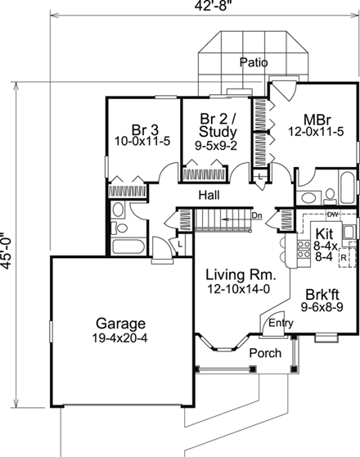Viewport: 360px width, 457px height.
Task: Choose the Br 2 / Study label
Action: pos(217,124)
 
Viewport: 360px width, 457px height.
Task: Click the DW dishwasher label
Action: pos(333,215)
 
